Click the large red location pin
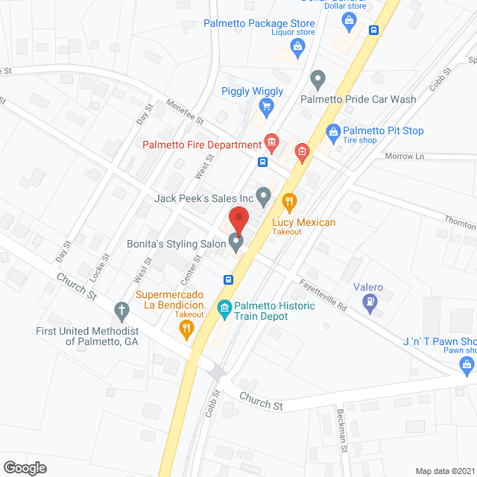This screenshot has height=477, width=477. click(x=238, y=221)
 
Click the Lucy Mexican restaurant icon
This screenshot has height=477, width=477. click(x=290, y=201)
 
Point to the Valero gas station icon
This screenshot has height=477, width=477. click(x=368, y=302)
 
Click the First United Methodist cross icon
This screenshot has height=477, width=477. click(x=121, y=310)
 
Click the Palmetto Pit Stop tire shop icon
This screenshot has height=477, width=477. click(x=334, y=132)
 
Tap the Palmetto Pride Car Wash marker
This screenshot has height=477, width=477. click(x=318, y=78)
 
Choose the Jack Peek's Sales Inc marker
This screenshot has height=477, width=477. click(x=263, y=197)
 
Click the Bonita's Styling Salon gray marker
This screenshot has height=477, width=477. click(x=236, y=241)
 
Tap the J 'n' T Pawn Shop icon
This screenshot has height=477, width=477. click(x=467, y=364)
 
